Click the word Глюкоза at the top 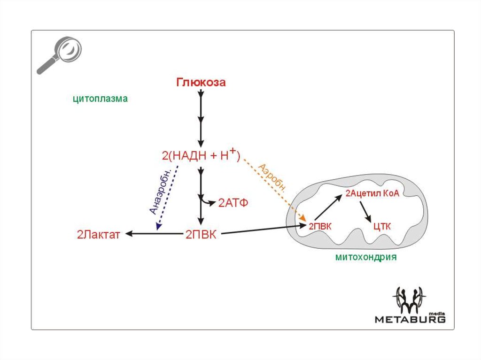(201, 83)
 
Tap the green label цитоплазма (101, 99)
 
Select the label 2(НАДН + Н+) (201, 156)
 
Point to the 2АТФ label (233, 203)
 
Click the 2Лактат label (99, 234)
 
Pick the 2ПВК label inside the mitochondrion (320, 226)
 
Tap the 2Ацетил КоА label (372, 193)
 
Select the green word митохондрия (366, 257)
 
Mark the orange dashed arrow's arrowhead (304, 219)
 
